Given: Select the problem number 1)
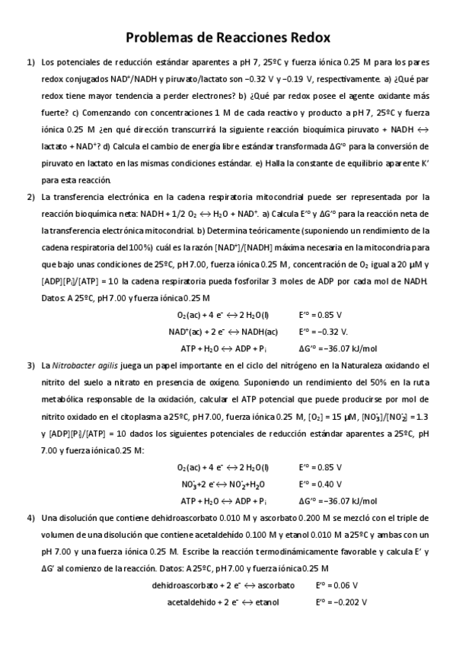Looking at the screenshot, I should pyautogui.click(x=31, y=62).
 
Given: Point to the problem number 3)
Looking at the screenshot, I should pyautogui.click(x=31, y=366).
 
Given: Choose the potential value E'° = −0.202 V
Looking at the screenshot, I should pyautogui.click(x=342, y=602).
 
